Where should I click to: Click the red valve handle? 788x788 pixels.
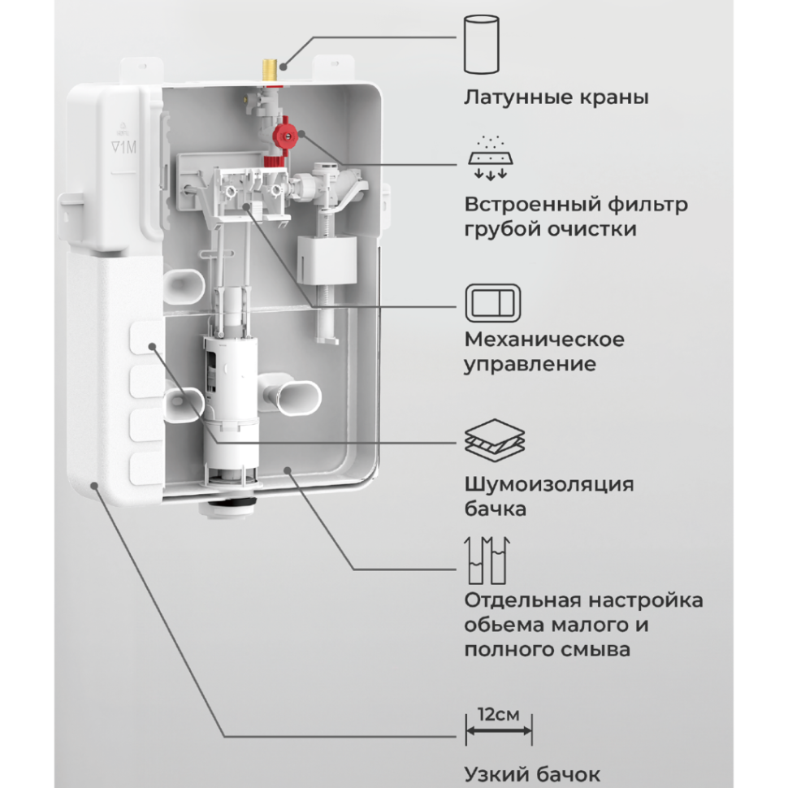pyautogui.click(x=285, y=132)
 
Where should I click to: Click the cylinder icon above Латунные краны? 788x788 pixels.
pyautogui.click(x=480, y=48)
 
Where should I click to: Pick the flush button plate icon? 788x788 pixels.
pyautogui.click(x=492, y=301)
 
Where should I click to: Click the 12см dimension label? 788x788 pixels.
pyautogui.click(x=499, y=715)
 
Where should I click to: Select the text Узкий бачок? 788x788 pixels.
pyautogui.click(x=533, y=773)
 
